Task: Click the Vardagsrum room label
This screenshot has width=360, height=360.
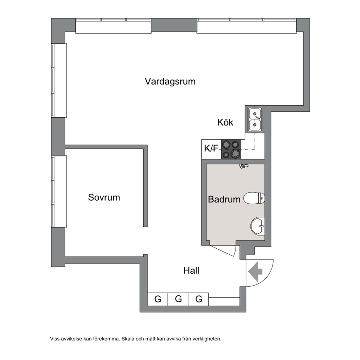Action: pos(170,82)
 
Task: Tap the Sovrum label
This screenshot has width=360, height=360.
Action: pos(104,197)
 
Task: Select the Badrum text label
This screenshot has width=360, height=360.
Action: pos(224,199)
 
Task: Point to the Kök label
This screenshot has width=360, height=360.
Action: pos(225,122)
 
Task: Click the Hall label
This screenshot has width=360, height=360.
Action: pos(191,271)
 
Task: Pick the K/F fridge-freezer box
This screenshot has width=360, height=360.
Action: pos(211,149)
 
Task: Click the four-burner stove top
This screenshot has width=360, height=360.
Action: pos(231,149)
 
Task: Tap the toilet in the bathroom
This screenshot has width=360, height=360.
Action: pos(254,198)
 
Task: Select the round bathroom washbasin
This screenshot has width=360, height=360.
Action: pos(258,226)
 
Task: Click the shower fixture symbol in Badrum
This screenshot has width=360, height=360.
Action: pos(244,166)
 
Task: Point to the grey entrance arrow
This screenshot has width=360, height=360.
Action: pos(255,271)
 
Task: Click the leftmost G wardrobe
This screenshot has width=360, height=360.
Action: pos(157,299)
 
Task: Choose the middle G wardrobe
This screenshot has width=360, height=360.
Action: pos(178,299)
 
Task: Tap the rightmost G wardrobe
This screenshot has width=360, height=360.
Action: pos(199,299)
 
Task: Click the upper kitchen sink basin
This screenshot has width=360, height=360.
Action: pos(255,114)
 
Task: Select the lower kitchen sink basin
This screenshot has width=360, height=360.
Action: pos(255,125)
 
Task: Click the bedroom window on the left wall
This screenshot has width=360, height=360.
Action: pos(59,192)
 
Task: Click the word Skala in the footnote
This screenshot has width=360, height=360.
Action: pos(127,339)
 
